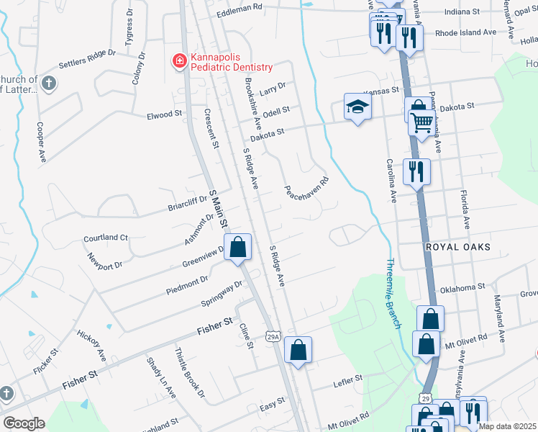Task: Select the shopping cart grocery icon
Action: pyautogui.click(x=421, y=122)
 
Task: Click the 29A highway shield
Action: pyautogui.click(x=272, y=336)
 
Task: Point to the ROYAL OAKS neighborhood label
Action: pyautogui.click(x=457, y=247)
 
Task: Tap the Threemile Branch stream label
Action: pyautogui.click(x=393, y=294)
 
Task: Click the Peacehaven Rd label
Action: pyautogui.click(x=306, y=184)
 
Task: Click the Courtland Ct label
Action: pyautogui.click(x=105, y=238)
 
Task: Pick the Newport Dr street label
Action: pyautogui.click(x=104, y=261)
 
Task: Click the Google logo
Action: pyautogui.click(x=24, y=423)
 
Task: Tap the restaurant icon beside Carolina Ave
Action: pyautogui.click(x=416, y=172)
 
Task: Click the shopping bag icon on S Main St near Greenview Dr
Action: pyautogui.click(x=238, y=247)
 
